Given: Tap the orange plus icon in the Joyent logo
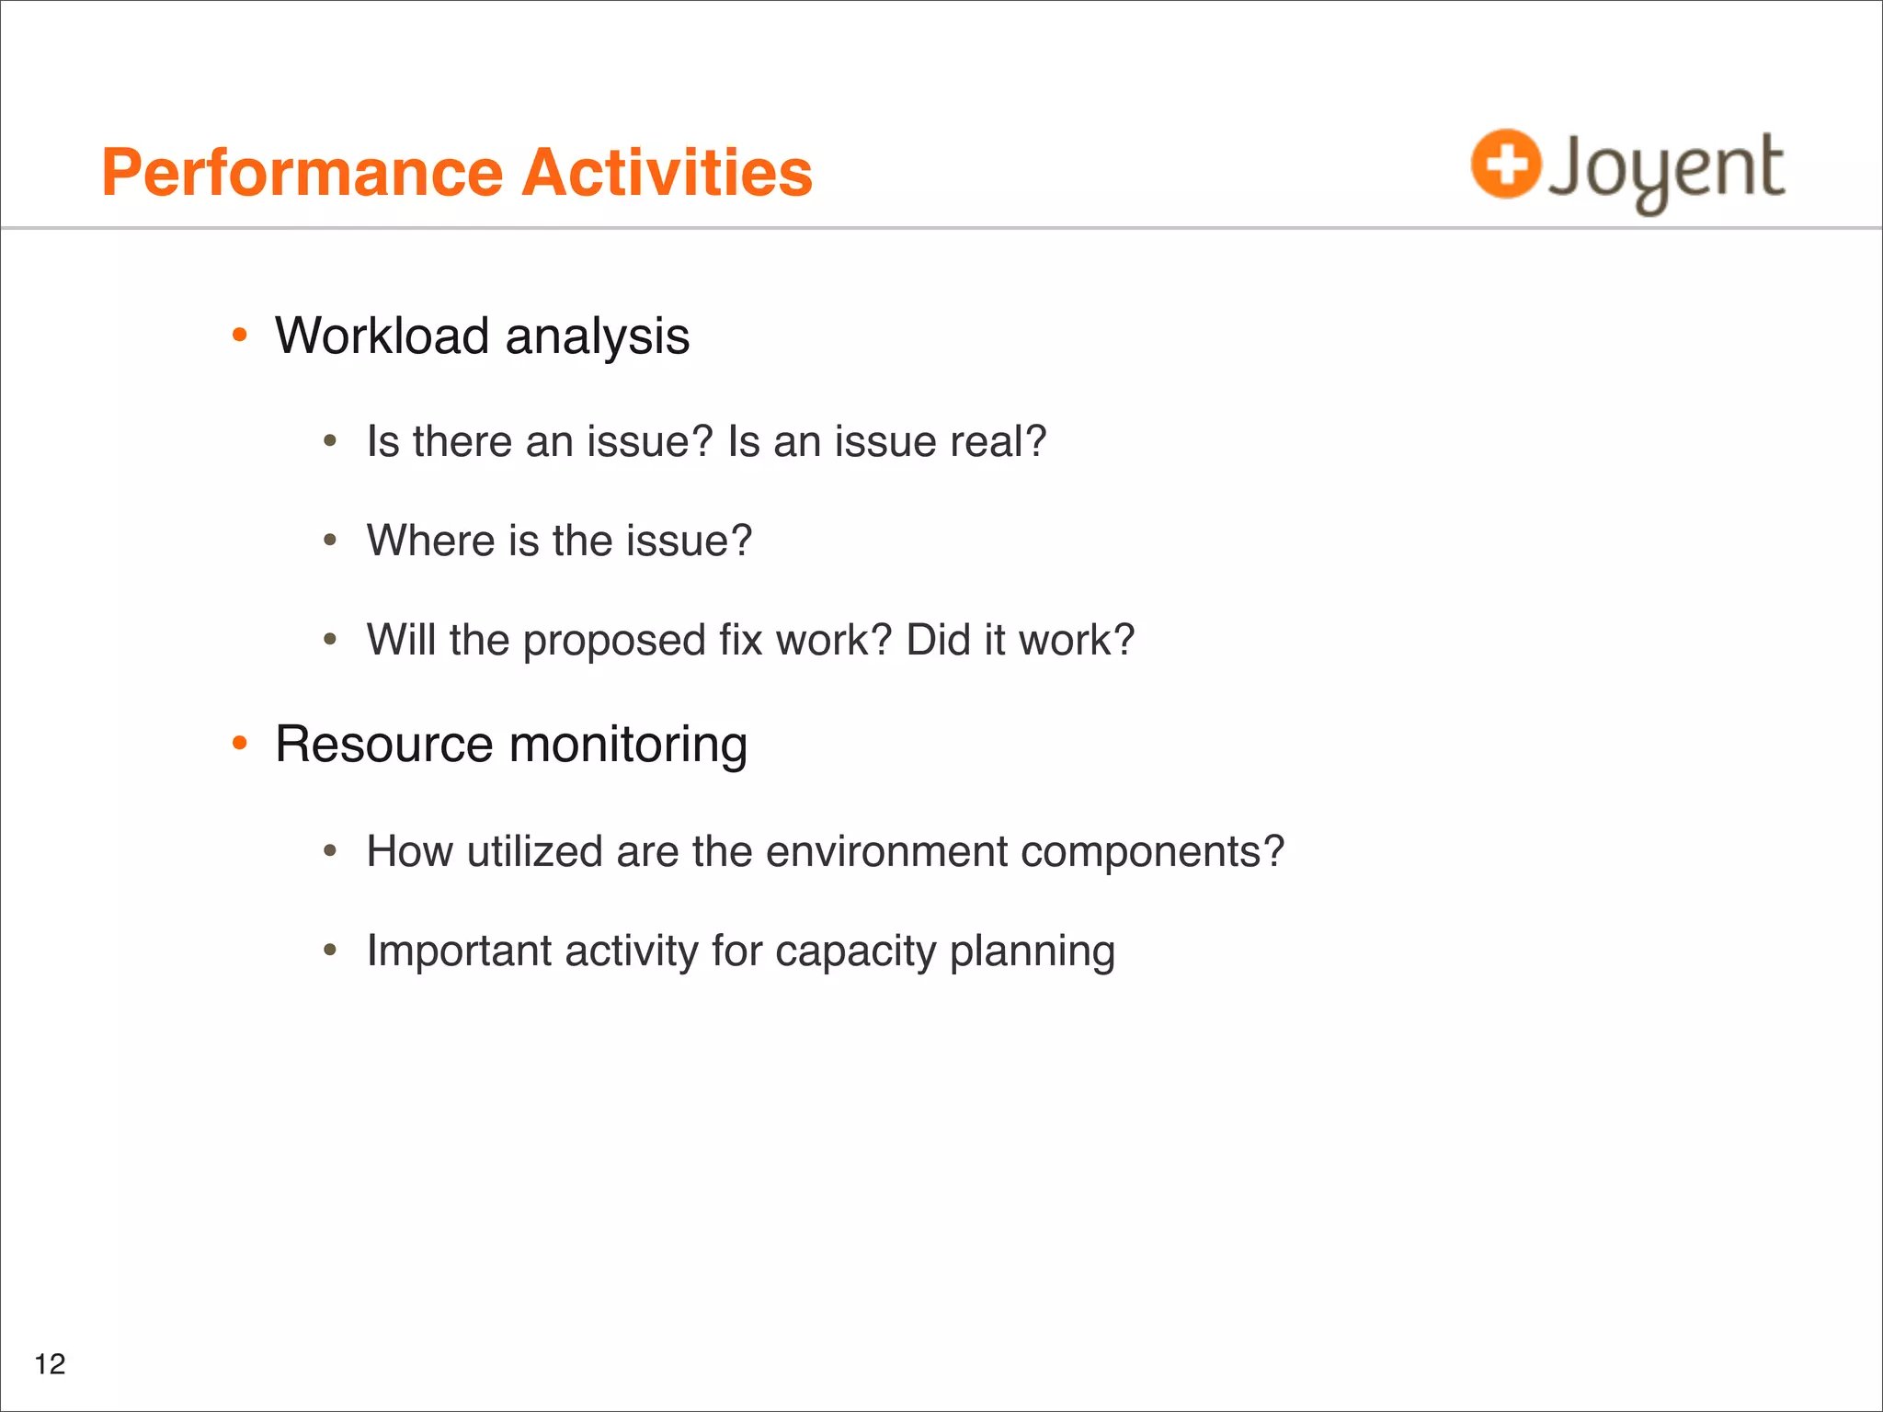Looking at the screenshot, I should (1505, 164).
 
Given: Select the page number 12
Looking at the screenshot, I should (50, 1364).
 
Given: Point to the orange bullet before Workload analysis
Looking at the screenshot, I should (240, 336).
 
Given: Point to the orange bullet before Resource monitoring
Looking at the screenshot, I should (240, 743).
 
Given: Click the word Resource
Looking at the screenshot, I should (383, 744).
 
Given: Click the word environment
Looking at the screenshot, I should (886, 851).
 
